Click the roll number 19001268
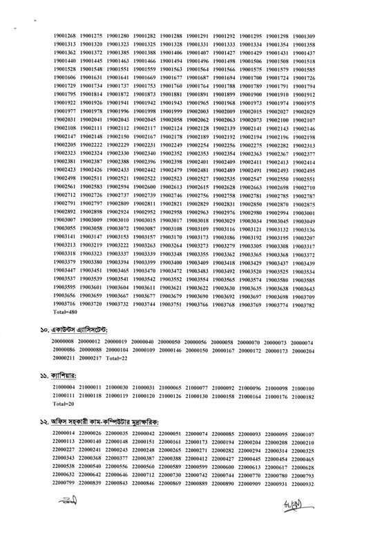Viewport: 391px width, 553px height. coord(65,35)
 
